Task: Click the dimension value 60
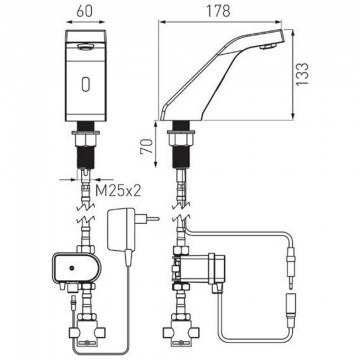pyautogui.click(x=85, y=11)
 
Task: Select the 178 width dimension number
pyautogui.click(x=218, y=11)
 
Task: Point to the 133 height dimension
pyautogui.click(x=303, y=74)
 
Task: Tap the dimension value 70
pyautogui.click(x=147, y=146)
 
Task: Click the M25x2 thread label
pyautogui.click(x=118, y=191)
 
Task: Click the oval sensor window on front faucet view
pyautogui.click(x=85, y=83)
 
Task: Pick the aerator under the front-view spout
pyautogui.click(x=85, y=47)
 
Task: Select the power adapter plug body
pyautogui.click(x=120, y=229)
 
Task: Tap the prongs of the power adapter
pyautogui.click(x=152, y=219)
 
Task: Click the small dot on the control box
pyautogui.click(x=71, y=268)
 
